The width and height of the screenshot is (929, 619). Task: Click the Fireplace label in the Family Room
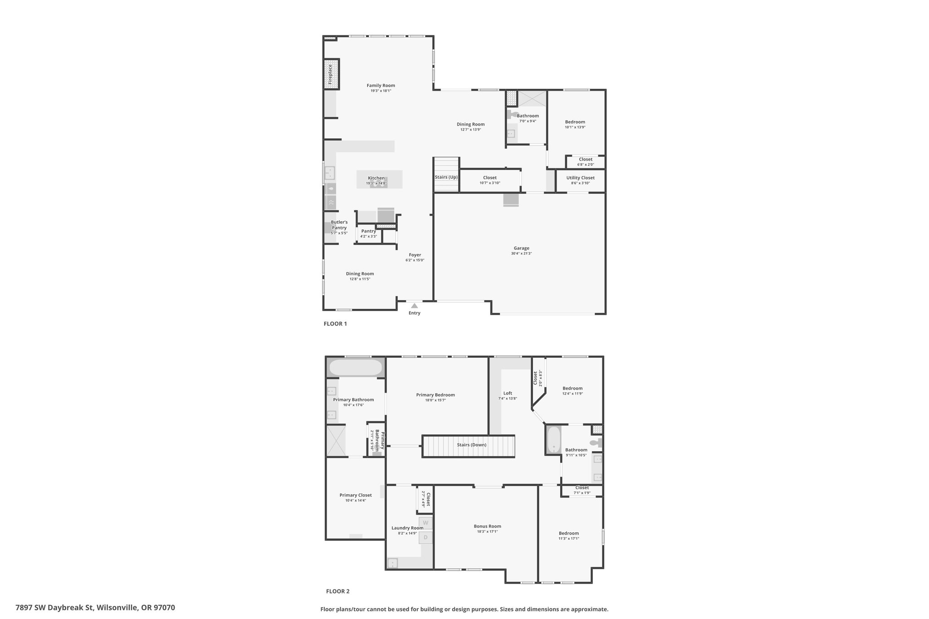[330, 74]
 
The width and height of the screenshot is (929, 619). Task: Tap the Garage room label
[521, 248]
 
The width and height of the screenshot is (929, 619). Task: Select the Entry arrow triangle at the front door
[414, 306]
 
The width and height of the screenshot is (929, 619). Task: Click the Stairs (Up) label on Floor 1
[446, 177]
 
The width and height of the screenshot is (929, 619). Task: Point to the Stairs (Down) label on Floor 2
[472, 445]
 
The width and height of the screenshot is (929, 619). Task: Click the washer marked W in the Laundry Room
[425, 523]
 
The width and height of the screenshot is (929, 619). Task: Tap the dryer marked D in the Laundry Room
[425, 537]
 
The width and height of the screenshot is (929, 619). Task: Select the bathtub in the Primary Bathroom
[356, 367]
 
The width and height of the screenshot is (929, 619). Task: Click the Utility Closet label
[580, 178]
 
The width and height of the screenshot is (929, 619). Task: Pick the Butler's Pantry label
[339, 225]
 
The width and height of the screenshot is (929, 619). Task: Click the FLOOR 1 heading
[335, 324]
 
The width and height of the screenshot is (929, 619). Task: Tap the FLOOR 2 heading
[338, 591]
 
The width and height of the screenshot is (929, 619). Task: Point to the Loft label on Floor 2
[508, 393]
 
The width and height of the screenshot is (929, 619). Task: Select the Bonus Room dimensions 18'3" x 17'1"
[488, 531]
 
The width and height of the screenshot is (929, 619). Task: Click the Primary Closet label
[356, 495]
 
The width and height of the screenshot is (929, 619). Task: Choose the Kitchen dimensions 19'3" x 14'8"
[376, 184]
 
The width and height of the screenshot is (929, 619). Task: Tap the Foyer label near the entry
[415, 255]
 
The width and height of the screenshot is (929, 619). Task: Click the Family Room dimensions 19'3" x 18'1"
[381, 91]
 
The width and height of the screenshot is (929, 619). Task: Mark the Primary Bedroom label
[435, 395]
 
